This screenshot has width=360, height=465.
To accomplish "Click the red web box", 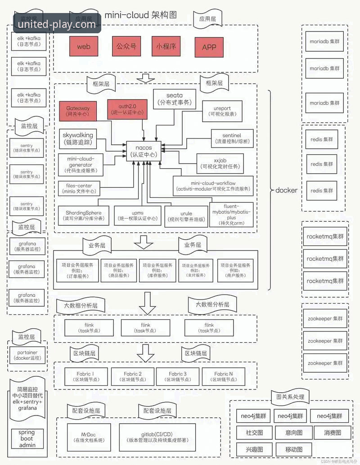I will point(84,46).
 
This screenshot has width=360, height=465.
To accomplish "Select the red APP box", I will point(209,47).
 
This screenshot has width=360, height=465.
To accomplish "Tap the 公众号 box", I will point(126,46).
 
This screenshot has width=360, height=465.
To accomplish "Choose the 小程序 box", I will point(166,46).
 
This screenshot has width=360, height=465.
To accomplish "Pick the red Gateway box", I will point(78,111).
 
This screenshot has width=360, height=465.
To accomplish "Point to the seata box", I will point(175,99).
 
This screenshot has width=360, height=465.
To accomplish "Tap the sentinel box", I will point(232,139).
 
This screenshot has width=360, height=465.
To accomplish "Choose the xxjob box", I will point(220,163).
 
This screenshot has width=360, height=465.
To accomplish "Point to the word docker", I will point(286,190).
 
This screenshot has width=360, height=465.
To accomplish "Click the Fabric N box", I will point(224,377).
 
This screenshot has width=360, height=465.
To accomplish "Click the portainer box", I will point(27,356).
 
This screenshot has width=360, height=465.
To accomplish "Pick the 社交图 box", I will point(255,433).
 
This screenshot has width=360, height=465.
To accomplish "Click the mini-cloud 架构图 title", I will point(140,15).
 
